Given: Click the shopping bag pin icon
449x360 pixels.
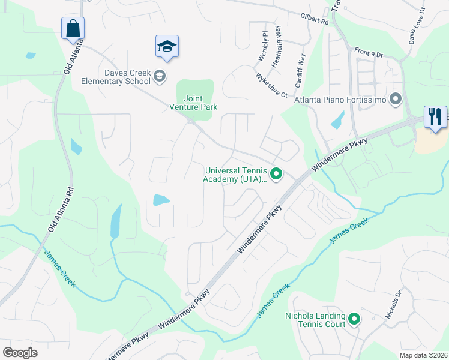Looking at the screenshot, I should point(73,29).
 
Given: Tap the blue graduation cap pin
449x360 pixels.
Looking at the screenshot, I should point(167,47).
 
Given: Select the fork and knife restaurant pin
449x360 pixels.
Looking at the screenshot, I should point(435,116).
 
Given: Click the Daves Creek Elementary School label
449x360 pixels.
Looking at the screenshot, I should point(127,77).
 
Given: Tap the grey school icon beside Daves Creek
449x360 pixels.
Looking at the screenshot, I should point(160,76).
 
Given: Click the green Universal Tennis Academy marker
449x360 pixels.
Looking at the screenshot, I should point(276,175).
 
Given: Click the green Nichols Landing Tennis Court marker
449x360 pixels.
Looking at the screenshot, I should point(354,319).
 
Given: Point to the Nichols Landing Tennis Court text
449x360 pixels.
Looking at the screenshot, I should point(315,320).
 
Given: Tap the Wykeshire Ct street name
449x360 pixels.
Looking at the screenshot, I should point(271,85).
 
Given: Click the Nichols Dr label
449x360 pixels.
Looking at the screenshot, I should point(393,305).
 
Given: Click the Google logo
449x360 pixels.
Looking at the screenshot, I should point(20,353).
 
